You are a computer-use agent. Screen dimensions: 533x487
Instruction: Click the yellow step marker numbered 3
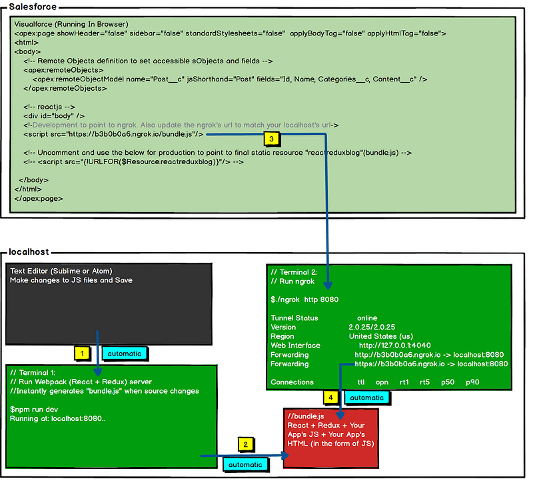(x=271, y=139)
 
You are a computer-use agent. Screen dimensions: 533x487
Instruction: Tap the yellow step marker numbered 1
(x=82, y=354)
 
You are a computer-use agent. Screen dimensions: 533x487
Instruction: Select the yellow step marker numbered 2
(x=245, y=444)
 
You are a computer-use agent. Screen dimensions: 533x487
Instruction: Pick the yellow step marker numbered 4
(x=330, y=397)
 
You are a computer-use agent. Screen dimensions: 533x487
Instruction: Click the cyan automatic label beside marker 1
(x=125, y=354)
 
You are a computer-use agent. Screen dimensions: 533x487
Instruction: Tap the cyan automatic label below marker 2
(x=245, y=464)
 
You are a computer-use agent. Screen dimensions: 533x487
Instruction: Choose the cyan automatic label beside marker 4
(x=367, y=398)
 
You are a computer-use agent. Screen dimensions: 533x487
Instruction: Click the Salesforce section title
(x=33, y=7)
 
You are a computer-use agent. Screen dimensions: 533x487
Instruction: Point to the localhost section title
(x=29, y=252)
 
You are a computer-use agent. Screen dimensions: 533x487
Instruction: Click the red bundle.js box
(x=330, y=438)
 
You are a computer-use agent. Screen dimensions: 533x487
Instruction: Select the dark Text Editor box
(x=109, y=304)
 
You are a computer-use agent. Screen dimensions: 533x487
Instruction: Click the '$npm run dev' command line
(x=34, y=410)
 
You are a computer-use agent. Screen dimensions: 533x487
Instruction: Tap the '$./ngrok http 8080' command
(x=304, y=300)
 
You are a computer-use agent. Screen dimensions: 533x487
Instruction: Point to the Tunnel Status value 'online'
(x=367, y=318)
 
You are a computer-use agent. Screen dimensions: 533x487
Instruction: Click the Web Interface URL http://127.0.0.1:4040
(x=394, y=346)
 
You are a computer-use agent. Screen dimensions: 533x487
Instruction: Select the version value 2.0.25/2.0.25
(x=372, y=327)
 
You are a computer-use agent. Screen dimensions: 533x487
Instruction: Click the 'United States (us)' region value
(x=381, y=336)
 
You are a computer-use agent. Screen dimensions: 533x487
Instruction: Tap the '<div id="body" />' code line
(x=54, y=115)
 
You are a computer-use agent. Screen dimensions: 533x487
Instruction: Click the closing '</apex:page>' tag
(x=39, y=198)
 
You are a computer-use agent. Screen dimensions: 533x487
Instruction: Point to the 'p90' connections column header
(x=472, y=382)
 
